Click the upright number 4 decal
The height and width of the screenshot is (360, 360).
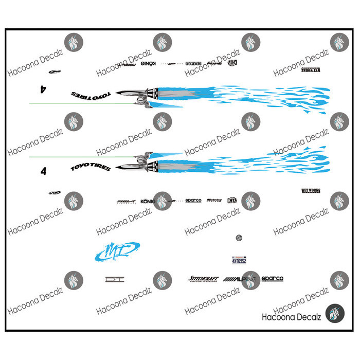pos(43,171)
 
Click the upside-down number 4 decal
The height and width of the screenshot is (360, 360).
pos(43,89)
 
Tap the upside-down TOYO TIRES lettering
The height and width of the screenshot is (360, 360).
pos(90,95)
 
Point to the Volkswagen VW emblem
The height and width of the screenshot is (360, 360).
pos(238,238)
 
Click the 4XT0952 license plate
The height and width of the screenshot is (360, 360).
pos(239,260)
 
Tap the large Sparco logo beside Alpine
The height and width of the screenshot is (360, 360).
pos(272,279)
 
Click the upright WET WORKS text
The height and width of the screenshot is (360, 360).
pos(311,191)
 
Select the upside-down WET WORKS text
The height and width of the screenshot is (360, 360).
pos(311,69)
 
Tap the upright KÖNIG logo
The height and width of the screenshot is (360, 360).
pos(148,201)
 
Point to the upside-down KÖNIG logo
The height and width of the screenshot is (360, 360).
pos(148,63)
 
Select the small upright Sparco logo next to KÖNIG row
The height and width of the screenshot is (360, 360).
pos(193,201)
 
